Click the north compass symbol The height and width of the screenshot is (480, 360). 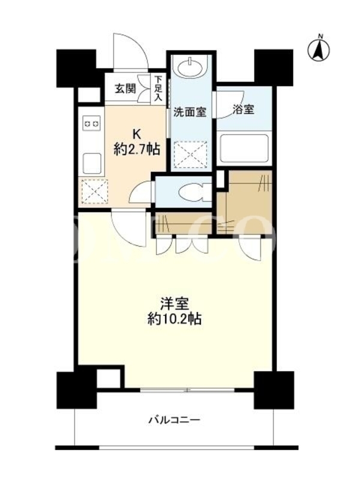(319, 49)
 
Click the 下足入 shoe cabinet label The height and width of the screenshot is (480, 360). (158, 88)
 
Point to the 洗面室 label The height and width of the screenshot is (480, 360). (190, 112)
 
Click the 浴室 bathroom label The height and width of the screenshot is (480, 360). (244, 110)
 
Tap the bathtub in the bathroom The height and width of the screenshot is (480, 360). (244, 148)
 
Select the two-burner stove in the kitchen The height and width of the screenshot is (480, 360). (92, 124)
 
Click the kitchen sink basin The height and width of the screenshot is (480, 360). (92, 163)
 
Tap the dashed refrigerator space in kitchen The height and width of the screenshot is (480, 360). (95, 191)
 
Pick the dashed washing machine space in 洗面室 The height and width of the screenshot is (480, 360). (190, 155)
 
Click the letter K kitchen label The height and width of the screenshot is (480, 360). (136, 134)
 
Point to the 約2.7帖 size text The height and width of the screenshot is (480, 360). (137, 149)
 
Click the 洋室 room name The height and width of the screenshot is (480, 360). (174, 304)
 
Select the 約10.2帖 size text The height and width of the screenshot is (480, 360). (174, 319)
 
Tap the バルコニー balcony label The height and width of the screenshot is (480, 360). (175, 419)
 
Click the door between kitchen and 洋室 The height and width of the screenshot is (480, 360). (128, 229)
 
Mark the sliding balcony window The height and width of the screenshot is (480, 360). (187, 390)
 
